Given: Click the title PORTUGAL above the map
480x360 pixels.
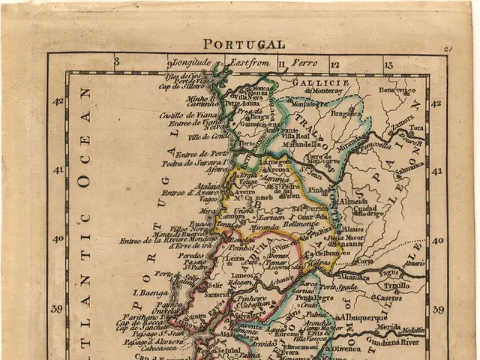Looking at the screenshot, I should pos(244,44).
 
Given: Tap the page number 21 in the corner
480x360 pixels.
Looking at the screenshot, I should pos(448,49).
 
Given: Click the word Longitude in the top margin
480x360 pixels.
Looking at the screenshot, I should pos(192,63).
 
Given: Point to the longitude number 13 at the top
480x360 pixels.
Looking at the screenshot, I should pos(388,65).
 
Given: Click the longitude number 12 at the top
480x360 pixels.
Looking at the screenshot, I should pos(334,65).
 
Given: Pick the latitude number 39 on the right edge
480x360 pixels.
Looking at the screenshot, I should pos(438,309).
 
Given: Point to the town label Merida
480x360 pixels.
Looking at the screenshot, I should pos(388,328).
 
